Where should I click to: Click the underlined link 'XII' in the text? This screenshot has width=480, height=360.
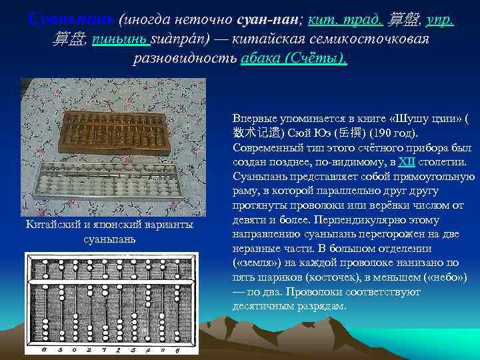coord(407,161)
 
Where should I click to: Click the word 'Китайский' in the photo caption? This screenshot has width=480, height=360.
coord(53,225)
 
